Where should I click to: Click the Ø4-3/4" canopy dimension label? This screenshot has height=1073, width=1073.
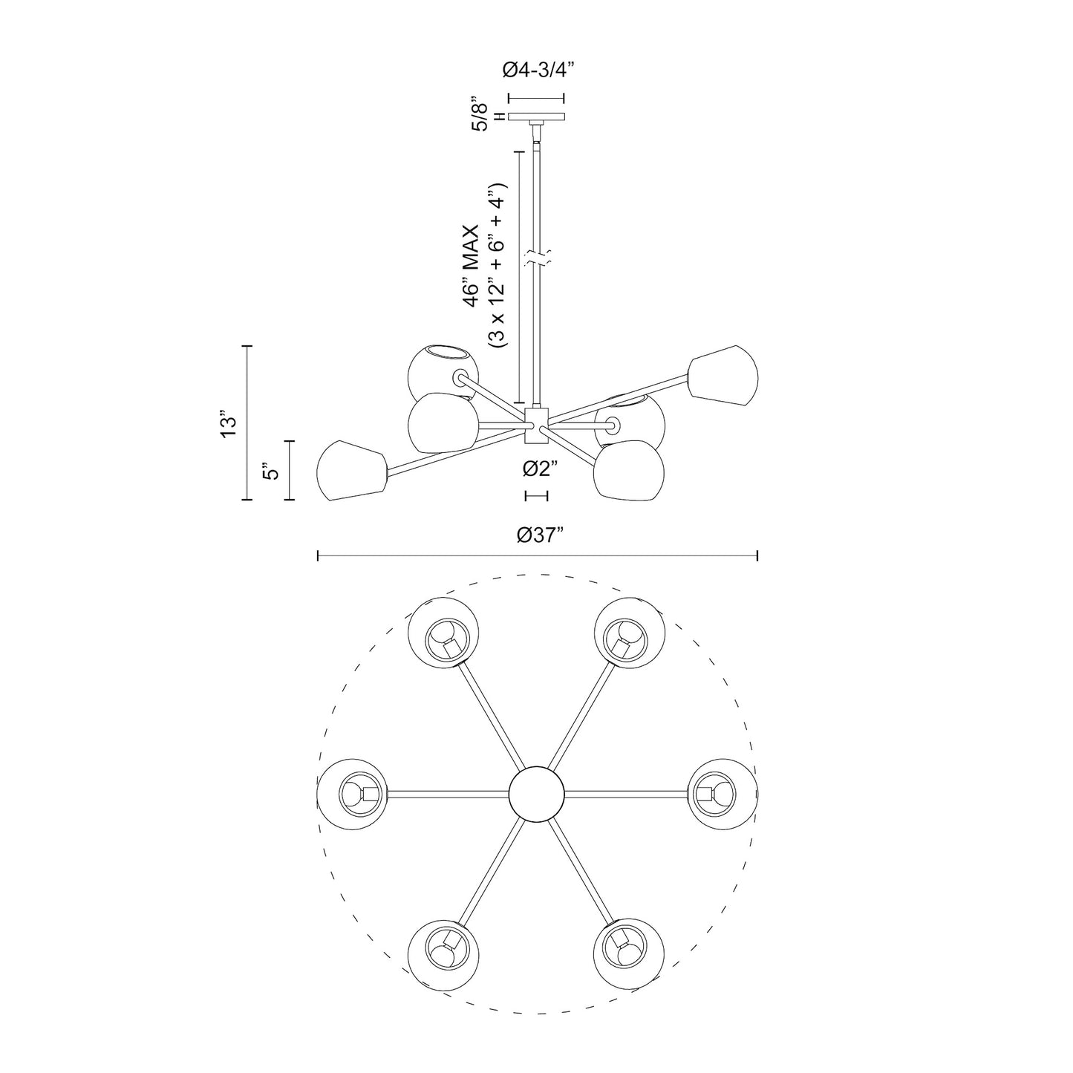pos(538,70)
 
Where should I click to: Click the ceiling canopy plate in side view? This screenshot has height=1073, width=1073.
pos(536,116)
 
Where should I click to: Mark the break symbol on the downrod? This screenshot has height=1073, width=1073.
pos(536,259)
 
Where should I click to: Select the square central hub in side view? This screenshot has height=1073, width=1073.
pos(536,425)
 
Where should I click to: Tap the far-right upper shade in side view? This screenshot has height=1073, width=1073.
pos(722,376)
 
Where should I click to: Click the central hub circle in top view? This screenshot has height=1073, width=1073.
pos(536,793)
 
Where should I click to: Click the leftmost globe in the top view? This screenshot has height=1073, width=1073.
pos(351,793)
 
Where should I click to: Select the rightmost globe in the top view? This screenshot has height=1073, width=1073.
pos(723,793)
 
